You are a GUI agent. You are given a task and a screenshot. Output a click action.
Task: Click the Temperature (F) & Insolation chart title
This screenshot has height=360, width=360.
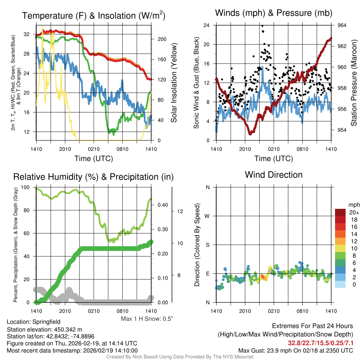[94, 15]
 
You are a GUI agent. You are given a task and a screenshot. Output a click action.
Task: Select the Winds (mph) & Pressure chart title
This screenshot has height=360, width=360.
[274, 13]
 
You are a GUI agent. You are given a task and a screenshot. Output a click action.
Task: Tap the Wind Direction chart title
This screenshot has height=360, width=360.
[274, 175]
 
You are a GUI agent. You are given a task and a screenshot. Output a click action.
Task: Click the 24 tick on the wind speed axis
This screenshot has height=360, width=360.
[207, 25]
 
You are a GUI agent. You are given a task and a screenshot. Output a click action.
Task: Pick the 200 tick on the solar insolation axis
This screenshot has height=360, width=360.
[161, 39]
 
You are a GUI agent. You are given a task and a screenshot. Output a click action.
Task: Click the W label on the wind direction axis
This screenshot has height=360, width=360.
[207, 216]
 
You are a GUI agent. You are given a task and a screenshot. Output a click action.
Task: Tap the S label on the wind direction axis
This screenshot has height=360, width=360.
[208, 245]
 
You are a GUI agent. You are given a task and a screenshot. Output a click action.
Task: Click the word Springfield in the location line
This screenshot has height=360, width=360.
[46, 322]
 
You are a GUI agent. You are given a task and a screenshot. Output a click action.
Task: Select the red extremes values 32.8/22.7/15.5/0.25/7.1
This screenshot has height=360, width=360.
[320, 343]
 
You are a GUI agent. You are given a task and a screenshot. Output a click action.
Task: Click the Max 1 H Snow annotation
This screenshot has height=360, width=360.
[147, 319]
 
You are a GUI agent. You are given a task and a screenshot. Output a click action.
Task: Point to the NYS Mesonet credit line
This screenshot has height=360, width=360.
[180, 357]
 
